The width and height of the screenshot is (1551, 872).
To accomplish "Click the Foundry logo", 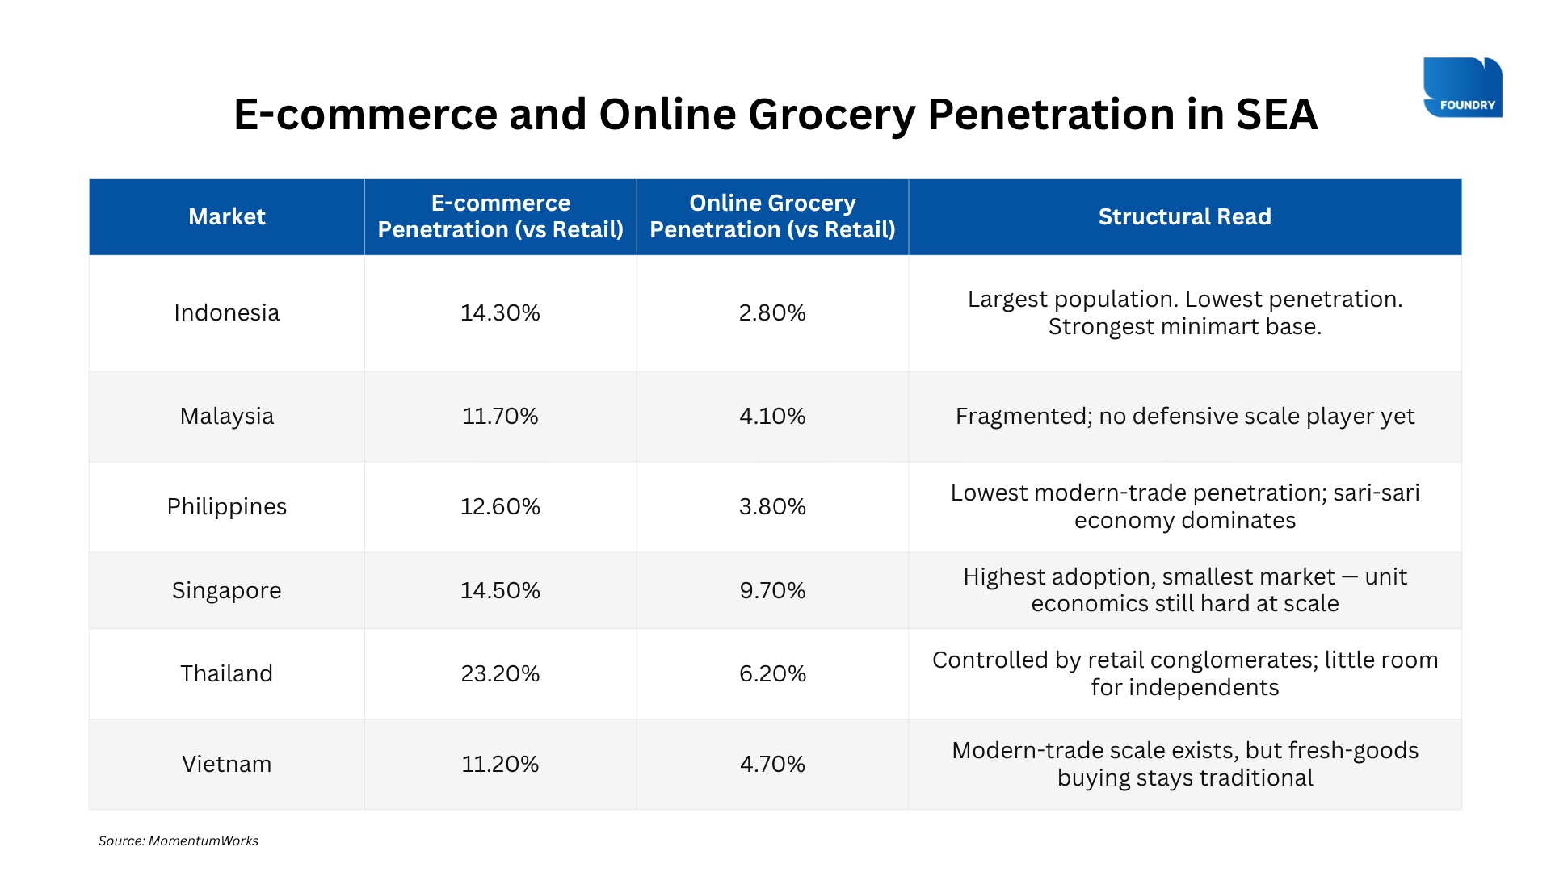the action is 1462,87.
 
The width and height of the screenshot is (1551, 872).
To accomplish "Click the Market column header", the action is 227,216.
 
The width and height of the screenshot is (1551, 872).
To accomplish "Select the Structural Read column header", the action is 1184,216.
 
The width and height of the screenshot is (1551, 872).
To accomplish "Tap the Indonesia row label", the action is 227,312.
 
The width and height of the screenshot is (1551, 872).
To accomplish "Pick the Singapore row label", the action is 227,590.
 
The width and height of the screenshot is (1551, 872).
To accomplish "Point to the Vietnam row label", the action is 227,764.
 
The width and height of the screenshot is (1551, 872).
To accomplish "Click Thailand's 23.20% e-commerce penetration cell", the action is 500,673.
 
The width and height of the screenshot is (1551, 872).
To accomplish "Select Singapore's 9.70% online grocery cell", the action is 772,590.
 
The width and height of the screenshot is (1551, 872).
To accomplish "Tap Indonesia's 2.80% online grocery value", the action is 772,312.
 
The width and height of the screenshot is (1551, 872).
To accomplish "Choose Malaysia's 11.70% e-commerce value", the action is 500,416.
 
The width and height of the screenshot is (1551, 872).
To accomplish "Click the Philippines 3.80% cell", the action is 772,506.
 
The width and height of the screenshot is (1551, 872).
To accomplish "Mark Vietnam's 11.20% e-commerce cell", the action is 500,764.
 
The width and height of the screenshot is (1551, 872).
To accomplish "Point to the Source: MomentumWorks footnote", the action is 179,841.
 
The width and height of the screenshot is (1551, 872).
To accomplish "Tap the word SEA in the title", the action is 1277,114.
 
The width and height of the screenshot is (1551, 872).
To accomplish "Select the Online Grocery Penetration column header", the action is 772,216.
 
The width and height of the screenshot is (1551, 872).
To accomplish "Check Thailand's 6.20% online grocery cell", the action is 772,673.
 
